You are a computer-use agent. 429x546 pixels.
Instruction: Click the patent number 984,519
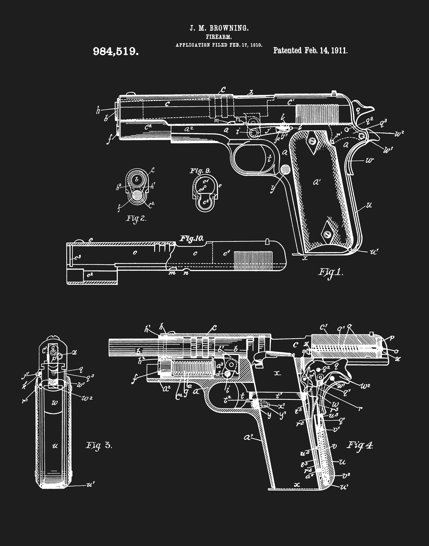tap(116, 51)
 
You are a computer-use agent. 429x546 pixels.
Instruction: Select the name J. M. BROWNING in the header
tap(219, 28)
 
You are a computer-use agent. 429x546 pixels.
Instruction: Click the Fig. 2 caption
tap(136, 218)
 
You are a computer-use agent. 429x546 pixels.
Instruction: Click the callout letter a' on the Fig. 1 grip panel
tap(317, 182)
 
